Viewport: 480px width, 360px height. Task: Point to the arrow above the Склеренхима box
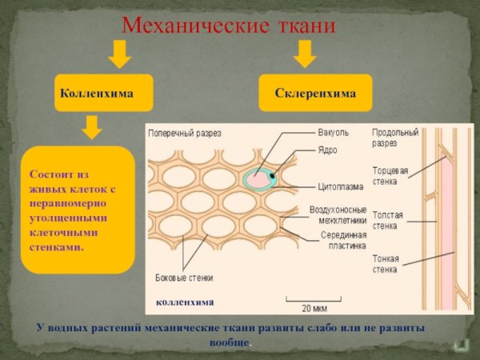click(x=304, y=54)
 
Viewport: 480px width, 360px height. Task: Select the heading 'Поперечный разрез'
click(x=182, y=134)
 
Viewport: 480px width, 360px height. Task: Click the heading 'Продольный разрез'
click(x=394, y=137)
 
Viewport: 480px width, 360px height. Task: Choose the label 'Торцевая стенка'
click(x=390, y=176)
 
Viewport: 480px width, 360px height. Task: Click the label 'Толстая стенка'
click(x=387, y=220)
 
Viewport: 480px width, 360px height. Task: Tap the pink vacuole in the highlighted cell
click(x=258, y=181)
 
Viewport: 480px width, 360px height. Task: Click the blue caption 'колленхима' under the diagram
click(x=185, y=302)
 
